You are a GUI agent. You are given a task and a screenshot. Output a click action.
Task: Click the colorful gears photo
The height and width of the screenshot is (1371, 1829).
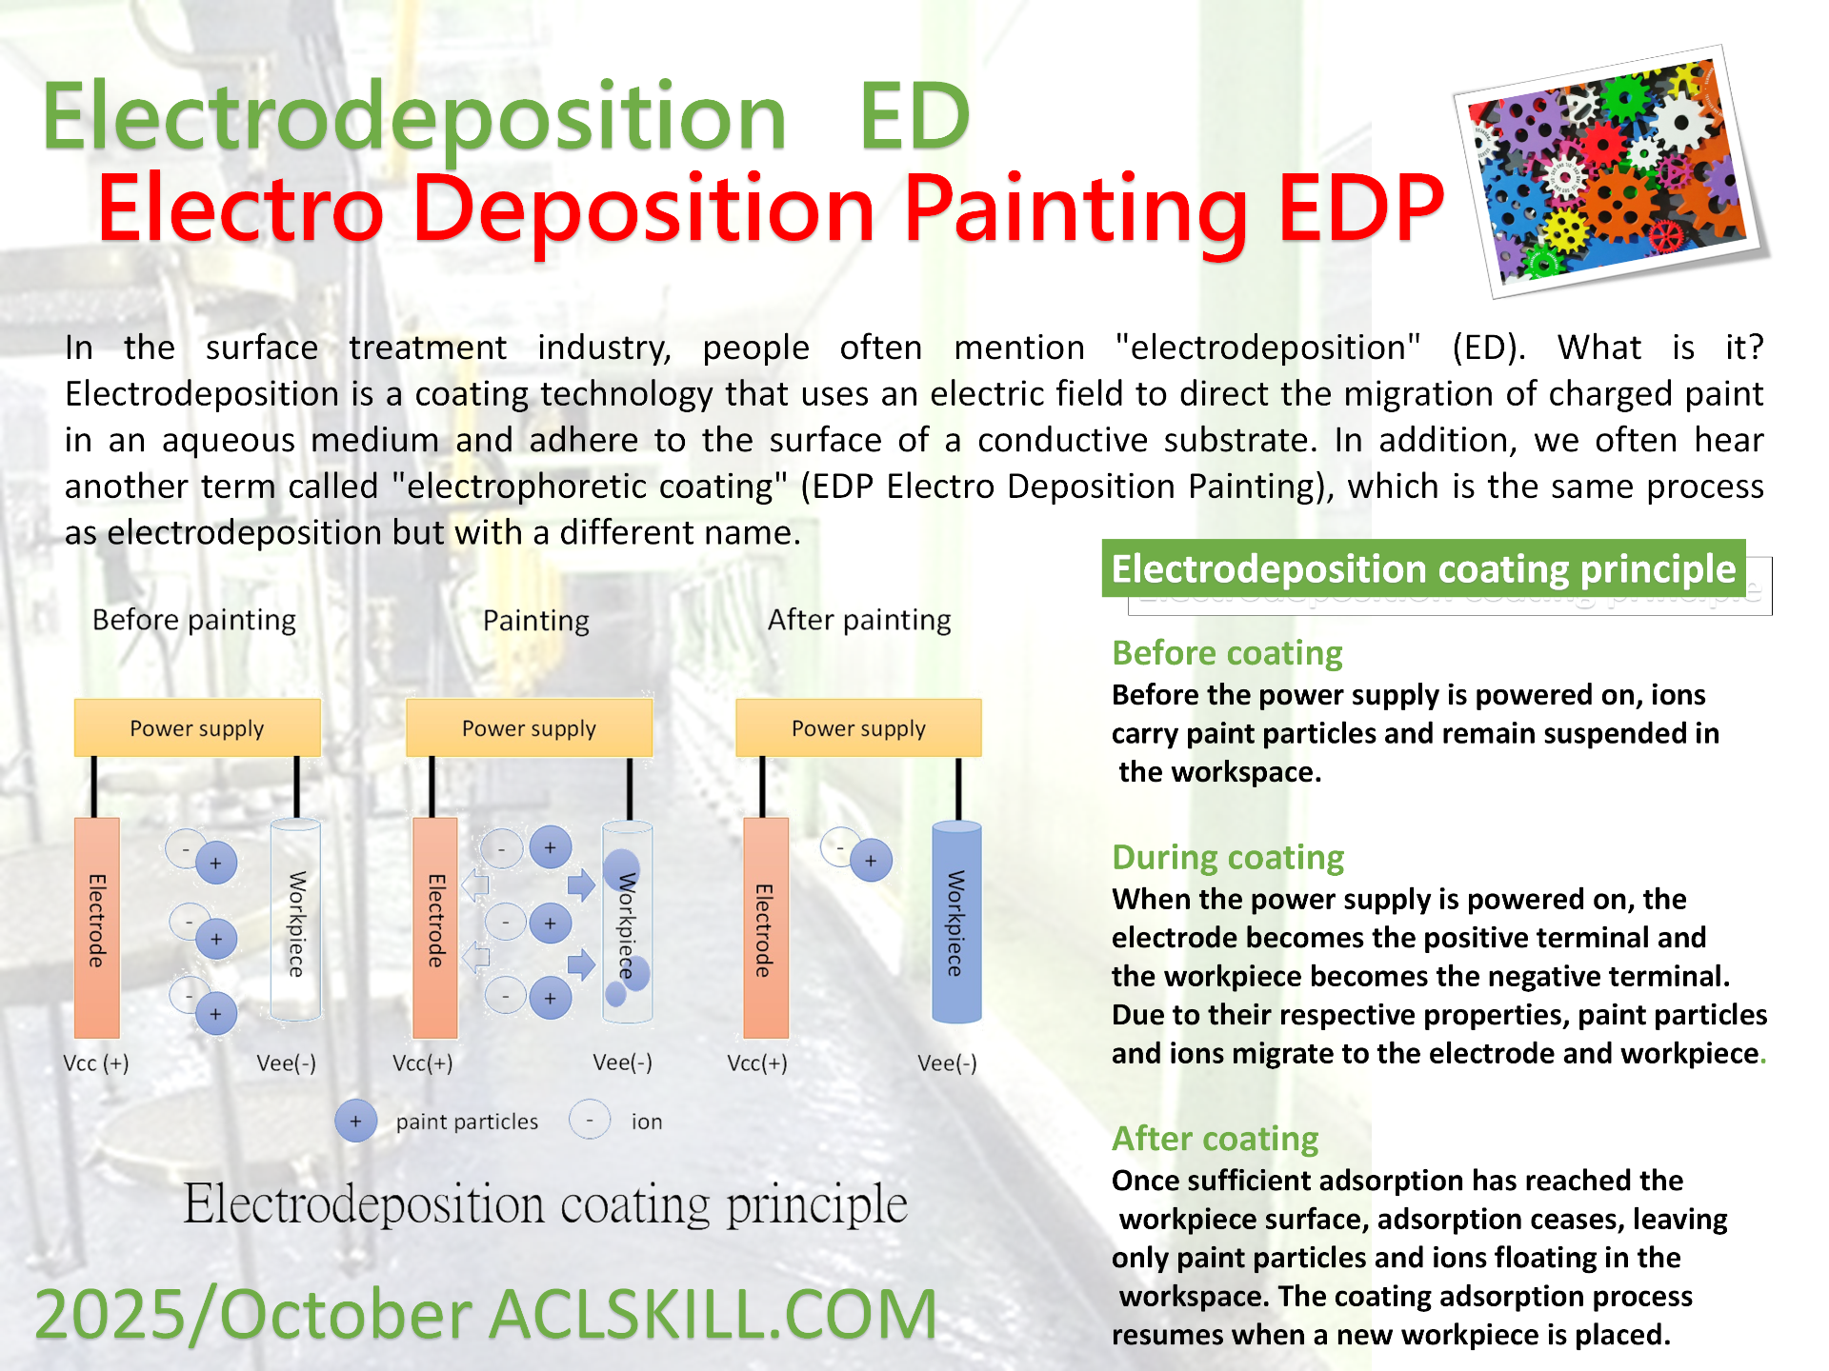[1610, 172]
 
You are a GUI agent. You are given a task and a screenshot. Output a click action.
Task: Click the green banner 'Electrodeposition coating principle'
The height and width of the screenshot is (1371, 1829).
[1423, 568]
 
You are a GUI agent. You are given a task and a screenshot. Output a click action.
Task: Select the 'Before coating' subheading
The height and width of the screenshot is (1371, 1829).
[1227, 653]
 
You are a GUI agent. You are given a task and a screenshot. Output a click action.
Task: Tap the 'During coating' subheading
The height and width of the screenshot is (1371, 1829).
[1228, 858]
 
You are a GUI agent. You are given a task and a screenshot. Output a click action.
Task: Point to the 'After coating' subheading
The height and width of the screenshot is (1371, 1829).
[1216, 1139]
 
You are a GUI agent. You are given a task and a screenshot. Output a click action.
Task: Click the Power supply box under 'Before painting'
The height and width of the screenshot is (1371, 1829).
[197, 728]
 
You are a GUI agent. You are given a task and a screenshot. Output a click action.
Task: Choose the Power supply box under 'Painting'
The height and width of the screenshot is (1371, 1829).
[529, 728]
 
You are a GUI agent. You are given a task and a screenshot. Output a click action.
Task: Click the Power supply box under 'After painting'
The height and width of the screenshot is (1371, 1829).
[858, 728]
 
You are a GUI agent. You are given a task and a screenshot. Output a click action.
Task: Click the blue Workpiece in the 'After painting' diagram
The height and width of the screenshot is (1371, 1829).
[956, 922]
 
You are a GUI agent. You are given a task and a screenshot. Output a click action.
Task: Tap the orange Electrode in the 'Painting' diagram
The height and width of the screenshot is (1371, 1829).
[435, 927]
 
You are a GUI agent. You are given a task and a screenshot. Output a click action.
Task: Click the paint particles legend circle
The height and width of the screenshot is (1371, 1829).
[356, 1122]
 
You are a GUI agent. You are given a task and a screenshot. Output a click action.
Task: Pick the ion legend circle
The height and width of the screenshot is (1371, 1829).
[590, 1120]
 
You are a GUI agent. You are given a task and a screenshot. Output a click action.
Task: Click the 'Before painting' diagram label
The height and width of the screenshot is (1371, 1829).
[194, 621]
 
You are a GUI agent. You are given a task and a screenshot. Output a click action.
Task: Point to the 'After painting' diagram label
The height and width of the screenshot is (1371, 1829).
[859, 621]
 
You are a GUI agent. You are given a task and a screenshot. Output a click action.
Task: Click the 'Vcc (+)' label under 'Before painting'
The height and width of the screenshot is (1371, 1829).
[96, 1063]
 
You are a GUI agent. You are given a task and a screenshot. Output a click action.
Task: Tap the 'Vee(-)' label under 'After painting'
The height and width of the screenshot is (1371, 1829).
[947, 1063]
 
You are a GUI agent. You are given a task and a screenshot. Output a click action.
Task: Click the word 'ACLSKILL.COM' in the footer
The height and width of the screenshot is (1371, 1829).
[714, 1314]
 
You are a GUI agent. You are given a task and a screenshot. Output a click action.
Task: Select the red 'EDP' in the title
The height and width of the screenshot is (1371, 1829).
[1361, 208]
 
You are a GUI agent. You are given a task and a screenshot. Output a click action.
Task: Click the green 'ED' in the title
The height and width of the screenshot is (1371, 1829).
[914, 116]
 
